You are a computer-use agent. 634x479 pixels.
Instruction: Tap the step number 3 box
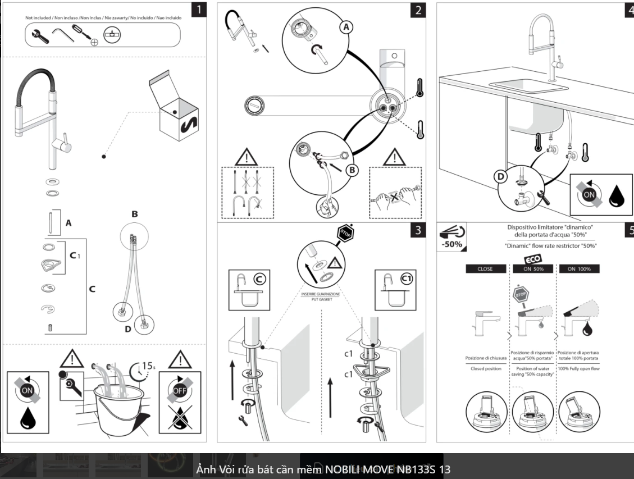tap(417, 231)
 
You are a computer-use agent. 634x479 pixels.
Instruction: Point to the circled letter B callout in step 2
tap(352, 169)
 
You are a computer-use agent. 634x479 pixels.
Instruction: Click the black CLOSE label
tap(485, 269)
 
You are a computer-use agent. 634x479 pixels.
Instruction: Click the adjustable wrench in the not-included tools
tap(40, 36)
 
